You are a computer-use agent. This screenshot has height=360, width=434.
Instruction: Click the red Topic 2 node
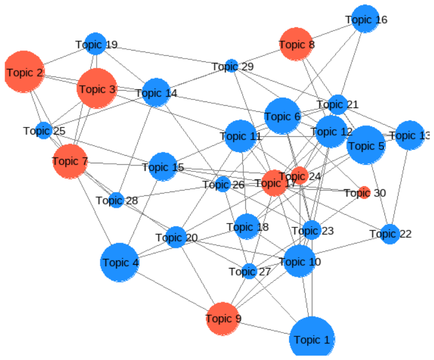tap(24, 72)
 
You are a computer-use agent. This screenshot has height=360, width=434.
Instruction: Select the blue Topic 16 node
tap(365, 19)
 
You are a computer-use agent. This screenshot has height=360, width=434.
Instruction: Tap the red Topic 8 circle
tap(296, 44)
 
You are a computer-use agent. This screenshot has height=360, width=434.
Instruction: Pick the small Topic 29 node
tap(232, 66)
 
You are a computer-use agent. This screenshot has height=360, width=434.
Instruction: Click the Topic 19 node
tap(95, 44)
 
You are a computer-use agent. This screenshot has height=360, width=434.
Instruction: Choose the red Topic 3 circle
tap(97, 89)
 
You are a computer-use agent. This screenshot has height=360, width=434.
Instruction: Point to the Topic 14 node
tap(156, 92)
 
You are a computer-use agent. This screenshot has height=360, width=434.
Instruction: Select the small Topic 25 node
tap(44, 130)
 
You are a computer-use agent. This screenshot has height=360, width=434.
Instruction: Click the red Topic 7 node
tap(70, 161)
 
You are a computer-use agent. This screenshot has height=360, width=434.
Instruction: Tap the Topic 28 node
tap(116, 200)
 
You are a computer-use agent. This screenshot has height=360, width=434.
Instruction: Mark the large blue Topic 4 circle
tap(119, 262)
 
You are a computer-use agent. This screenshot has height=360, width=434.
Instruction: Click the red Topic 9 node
tap(223, 319)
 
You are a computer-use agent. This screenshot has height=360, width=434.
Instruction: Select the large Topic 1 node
tap(312, 338)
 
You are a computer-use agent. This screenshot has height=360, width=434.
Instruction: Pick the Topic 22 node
tap(390, 234)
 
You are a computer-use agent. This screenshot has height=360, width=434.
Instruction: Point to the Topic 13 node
tap(409, 135)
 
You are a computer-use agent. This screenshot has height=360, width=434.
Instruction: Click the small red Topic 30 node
tap(364, 193)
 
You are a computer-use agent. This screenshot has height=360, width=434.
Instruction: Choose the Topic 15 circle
tap(163, 167)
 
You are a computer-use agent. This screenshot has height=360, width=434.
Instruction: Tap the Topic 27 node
tap(250, 271)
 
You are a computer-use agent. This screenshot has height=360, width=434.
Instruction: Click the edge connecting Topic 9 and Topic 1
tap(264, 328)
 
